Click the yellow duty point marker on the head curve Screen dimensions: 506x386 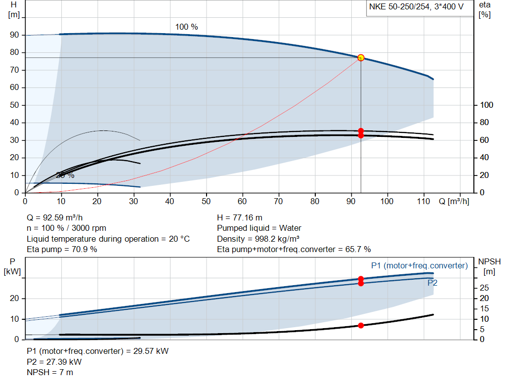coord(361,58)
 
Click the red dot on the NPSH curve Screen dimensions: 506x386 coord(361,326)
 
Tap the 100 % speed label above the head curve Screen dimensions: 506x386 coord(186,27)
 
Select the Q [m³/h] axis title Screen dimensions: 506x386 coord(454,201)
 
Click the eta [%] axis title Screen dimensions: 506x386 coord(485,10)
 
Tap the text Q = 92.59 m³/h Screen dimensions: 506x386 coord(54,218)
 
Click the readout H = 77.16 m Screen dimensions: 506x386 coord(240,218)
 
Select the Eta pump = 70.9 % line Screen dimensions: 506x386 coord(62,250)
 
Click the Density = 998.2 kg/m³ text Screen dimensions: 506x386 coord(258,239)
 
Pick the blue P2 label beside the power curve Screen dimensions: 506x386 coord(432,283)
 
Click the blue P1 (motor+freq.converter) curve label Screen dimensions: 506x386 coord(420,265)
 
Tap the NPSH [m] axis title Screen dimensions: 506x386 coord(489,266)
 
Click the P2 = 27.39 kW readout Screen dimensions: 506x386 coord(54,362)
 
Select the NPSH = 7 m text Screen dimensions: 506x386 coord(50,373)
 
